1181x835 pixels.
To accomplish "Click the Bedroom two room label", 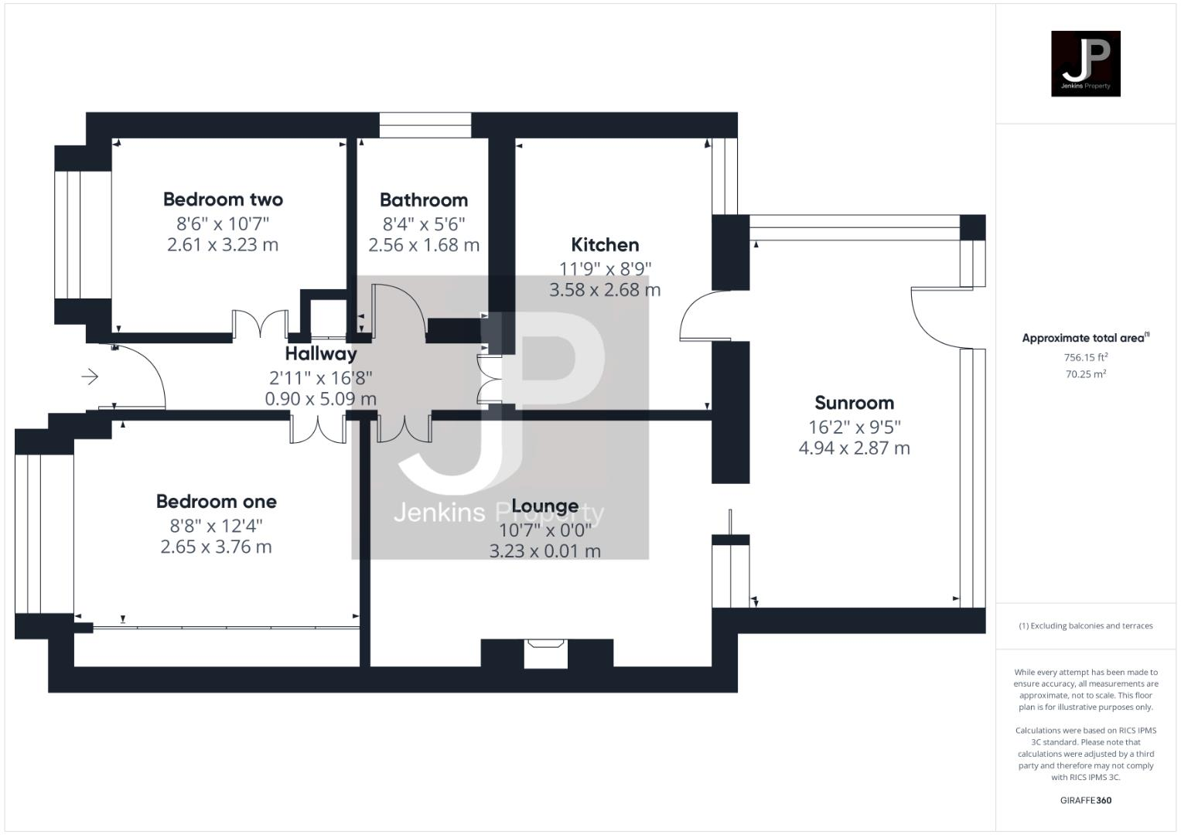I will tap(223, 199).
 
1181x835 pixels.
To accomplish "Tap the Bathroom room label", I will tap(423, 200).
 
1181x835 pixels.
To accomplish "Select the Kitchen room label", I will tap(605, 245).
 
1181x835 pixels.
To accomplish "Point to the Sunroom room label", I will tap(854, 403).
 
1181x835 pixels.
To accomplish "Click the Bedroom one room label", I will tap(216, 502).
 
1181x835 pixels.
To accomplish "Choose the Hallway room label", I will tap(321, 354).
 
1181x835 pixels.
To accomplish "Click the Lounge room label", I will tap(544, 506).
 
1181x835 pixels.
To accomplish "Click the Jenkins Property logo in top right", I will tap(1085, 63).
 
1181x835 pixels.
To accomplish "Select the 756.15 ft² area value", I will tap(1085, 357).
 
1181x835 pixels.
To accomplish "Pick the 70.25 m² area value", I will tap(1085, 374).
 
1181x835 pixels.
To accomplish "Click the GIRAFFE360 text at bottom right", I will tap(1085, 800).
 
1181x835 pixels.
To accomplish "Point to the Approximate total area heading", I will tap(1085, 338).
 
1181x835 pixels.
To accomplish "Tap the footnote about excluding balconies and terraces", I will tap(1085, 625).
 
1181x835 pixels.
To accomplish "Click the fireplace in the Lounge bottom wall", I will tap(546, 653).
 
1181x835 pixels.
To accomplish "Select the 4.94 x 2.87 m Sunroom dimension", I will tap(854, 448).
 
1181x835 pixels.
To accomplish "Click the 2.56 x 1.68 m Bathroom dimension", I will tap(423, 245).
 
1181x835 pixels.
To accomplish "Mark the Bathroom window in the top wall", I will tap(425, 125).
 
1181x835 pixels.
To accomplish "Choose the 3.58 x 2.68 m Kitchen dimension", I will tap(605, 290).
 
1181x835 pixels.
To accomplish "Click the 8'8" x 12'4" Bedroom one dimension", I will tap(216, 526).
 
